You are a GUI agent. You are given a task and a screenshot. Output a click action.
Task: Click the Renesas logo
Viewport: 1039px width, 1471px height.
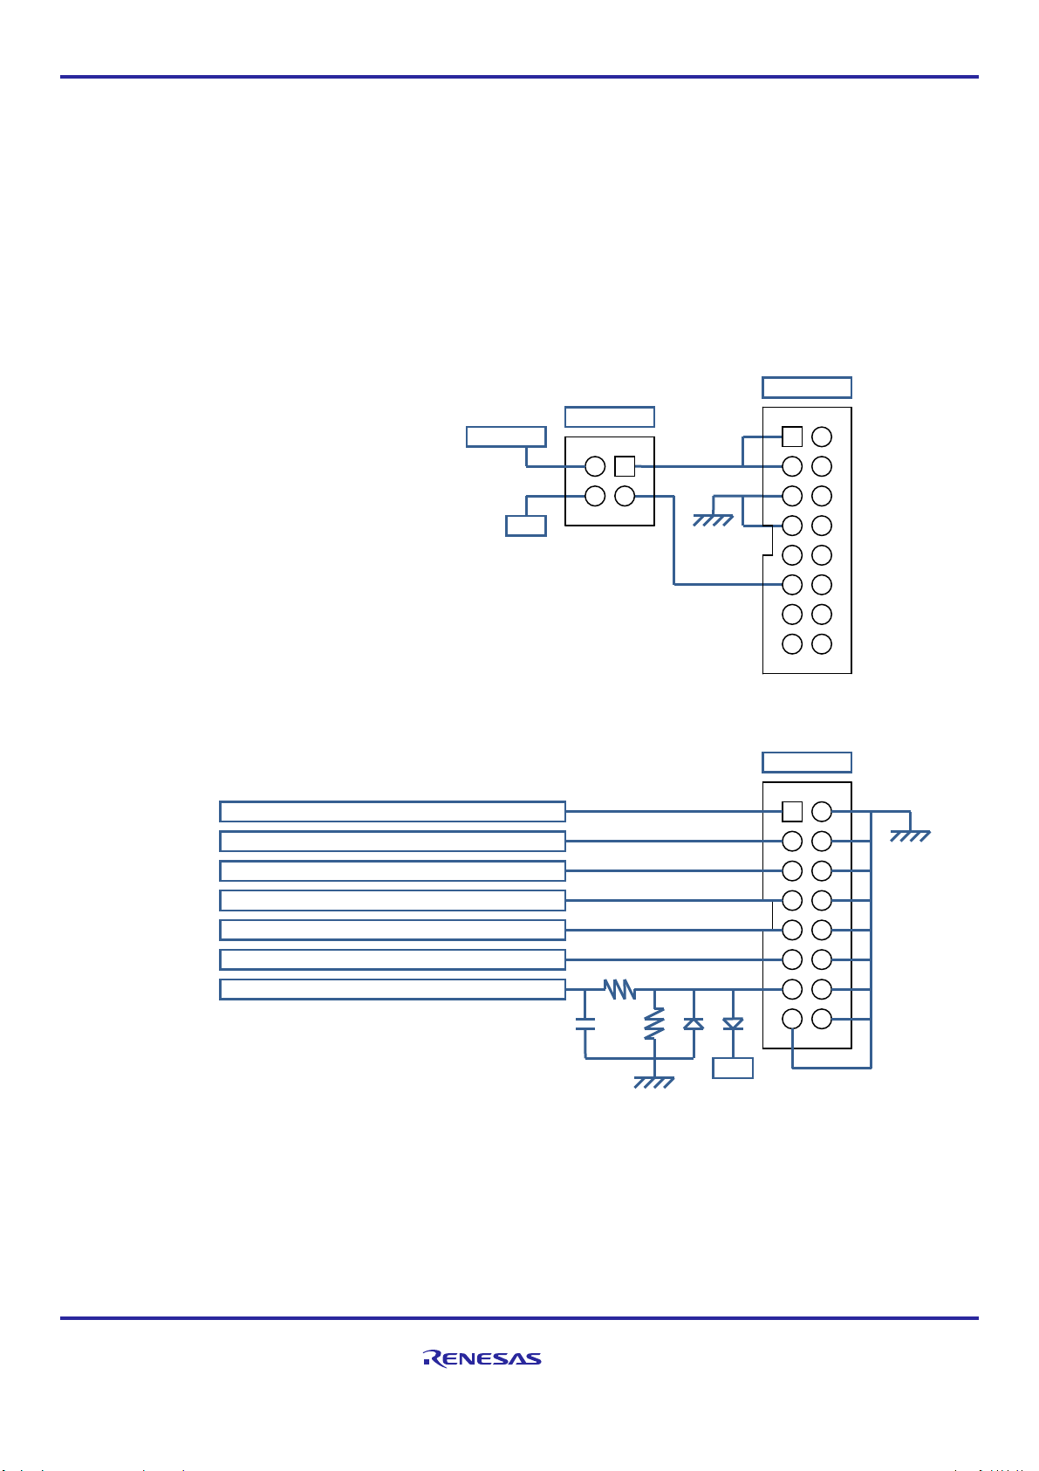coord(482,1358)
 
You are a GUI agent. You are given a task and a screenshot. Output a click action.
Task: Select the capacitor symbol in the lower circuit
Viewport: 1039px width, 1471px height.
coord(584,1024)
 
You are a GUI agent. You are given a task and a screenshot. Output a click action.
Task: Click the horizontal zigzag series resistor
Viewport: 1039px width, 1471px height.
coord(619,989)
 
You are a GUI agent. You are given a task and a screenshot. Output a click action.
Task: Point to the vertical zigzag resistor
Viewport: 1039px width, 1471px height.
coord(654,1024)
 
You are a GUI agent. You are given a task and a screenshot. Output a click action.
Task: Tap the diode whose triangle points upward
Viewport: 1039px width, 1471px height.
coord(694,1023)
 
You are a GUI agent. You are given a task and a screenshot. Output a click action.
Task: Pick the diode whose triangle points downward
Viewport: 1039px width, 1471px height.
coord(733,1023)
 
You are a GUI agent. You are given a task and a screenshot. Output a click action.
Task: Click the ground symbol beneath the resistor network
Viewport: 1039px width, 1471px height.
coord(653,1083)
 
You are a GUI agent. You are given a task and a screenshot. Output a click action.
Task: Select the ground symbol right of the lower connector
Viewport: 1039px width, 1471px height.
coord(910,835)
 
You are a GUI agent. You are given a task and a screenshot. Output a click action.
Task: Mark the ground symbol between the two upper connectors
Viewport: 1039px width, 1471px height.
coord(713,520)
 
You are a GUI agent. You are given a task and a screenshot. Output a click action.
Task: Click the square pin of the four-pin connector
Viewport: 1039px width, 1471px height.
coord(625,466)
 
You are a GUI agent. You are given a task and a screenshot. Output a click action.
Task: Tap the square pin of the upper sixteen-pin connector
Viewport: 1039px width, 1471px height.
coord(792,436)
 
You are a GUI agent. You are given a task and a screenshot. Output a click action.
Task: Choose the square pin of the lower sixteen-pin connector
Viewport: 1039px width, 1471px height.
coord(792,812)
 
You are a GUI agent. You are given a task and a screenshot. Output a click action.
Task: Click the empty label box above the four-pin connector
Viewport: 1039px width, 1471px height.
coord(610,417)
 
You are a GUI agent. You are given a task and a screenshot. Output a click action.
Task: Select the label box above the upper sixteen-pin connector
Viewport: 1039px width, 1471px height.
coord(807,388)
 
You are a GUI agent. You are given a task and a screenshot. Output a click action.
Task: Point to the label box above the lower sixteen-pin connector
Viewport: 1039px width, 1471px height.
coord(807,762)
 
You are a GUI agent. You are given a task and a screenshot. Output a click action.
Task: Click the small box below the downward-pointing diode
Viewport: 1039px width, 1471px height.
coord(733,1068)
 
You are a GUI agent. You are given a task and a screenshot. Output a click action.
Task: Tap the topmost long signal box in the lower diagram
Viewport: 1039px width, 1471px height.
coord(393,812)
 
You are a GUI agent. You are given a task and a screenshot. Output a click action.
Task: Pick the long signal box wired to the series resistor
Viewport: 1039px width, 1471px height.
coord(393,989)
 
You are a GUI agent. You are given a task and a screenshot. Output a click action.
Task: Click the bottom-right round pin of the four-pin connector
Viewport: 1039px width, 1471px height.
coord(625,496)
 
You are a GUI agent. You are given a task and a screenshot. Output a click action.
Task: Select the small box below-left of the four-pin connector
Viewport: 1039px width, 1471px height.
coord(526,526)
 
